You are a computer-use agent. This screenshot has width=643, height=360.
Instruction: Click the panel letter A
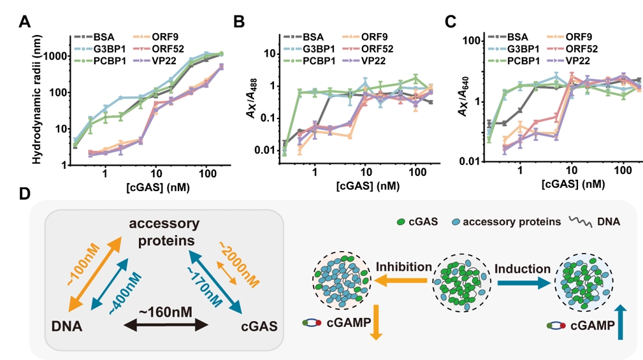pyautogui.click(x=25, y=22)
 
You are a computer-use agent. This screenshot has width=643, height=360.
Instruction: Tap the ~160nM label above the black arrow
pyautogui.click(x=167, y=312)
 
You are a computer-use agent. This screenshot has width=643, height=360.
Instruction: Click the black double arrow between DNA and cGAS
pyautogui.click(x=168, y=326)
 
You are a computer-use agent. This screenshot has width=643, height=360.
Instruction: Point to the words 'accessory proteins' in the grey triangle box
pyautogui.click(x=164, y=232)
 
